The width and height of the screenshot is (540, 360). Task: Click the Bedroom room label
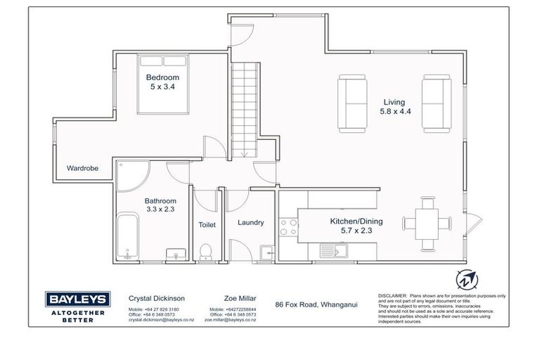[162, 77]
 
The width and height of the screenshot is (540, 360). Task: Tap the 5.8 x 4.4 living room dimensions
[394, 111]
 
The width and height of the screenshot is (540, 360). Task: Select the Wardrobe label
[82, 169]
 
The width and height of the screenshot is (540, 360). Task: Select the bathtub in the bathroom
[127, 238]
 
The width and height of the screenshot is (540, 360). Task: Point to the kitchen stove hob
[289, 227]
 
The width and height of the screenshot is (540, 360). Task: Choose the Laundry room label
[250, 223]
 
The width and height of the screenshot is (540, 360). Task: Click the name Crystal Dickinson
[157, 298]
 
